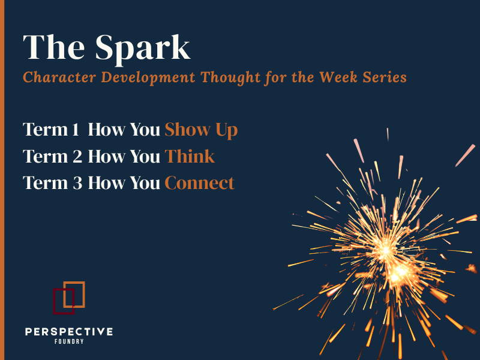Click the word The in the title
point(50,47)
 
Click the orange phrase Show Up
point(201,130)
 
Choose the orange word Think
point(190,157)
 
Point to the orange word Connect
point(199,183)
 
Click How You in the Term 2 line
point(124,157)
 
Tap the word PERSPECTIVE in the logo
point(68,332)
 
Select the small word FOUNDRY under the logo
point(68,342)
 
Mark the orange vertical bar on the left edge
point(2,180)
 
